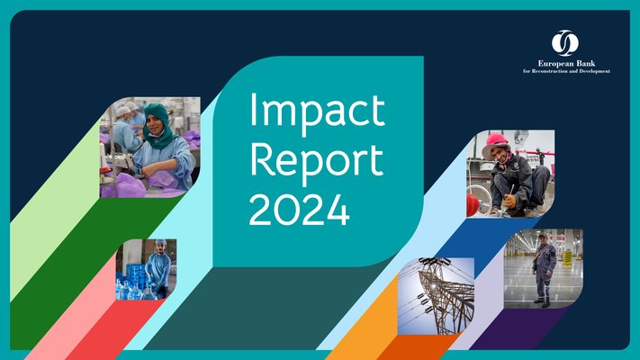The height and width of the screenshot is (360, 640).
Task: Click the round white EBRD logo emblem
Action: pyautogui.click(x=564, y=42)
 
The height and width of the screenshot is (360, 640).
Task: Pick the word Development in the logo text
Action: pyautogui.click(x=595, y=71)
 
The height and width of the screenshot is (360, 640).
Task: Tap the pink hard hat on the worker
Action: pyautogui.click(x=495, y=140)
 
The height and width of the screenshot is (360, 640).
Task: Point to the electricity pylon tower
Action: pyautogui.click(x=441, y=292)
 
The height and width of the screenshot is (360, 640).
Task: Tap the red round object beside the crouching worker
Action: pyautogui.click(x=473, y=205)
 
